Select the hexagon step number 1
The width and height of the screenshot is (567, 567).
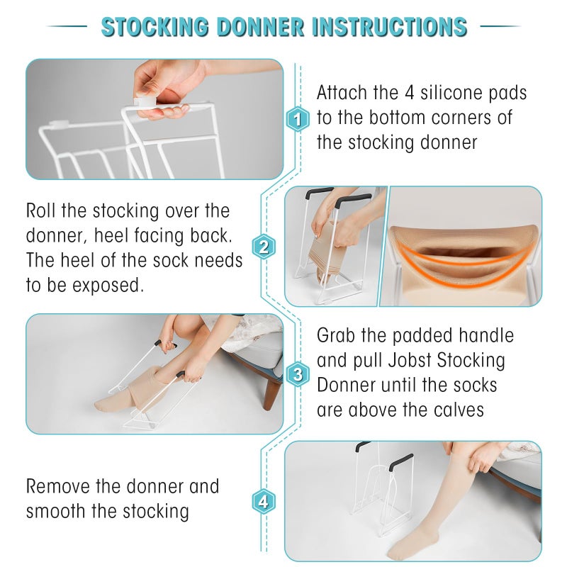click(x=298, y=119)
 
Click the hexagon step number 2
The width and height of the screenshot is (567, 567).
click(x=264, y=247)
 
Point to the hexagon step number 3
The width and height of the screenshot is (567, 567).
click(x=298, y=374)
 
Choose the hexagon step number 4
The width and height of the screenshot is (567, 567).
click(x=264, y=503)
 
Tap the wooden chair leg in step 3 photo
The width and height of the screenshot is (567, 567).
click(x=270, y=394)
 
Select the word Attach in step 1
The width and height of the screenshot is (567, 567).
click(x=343, y=93)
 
